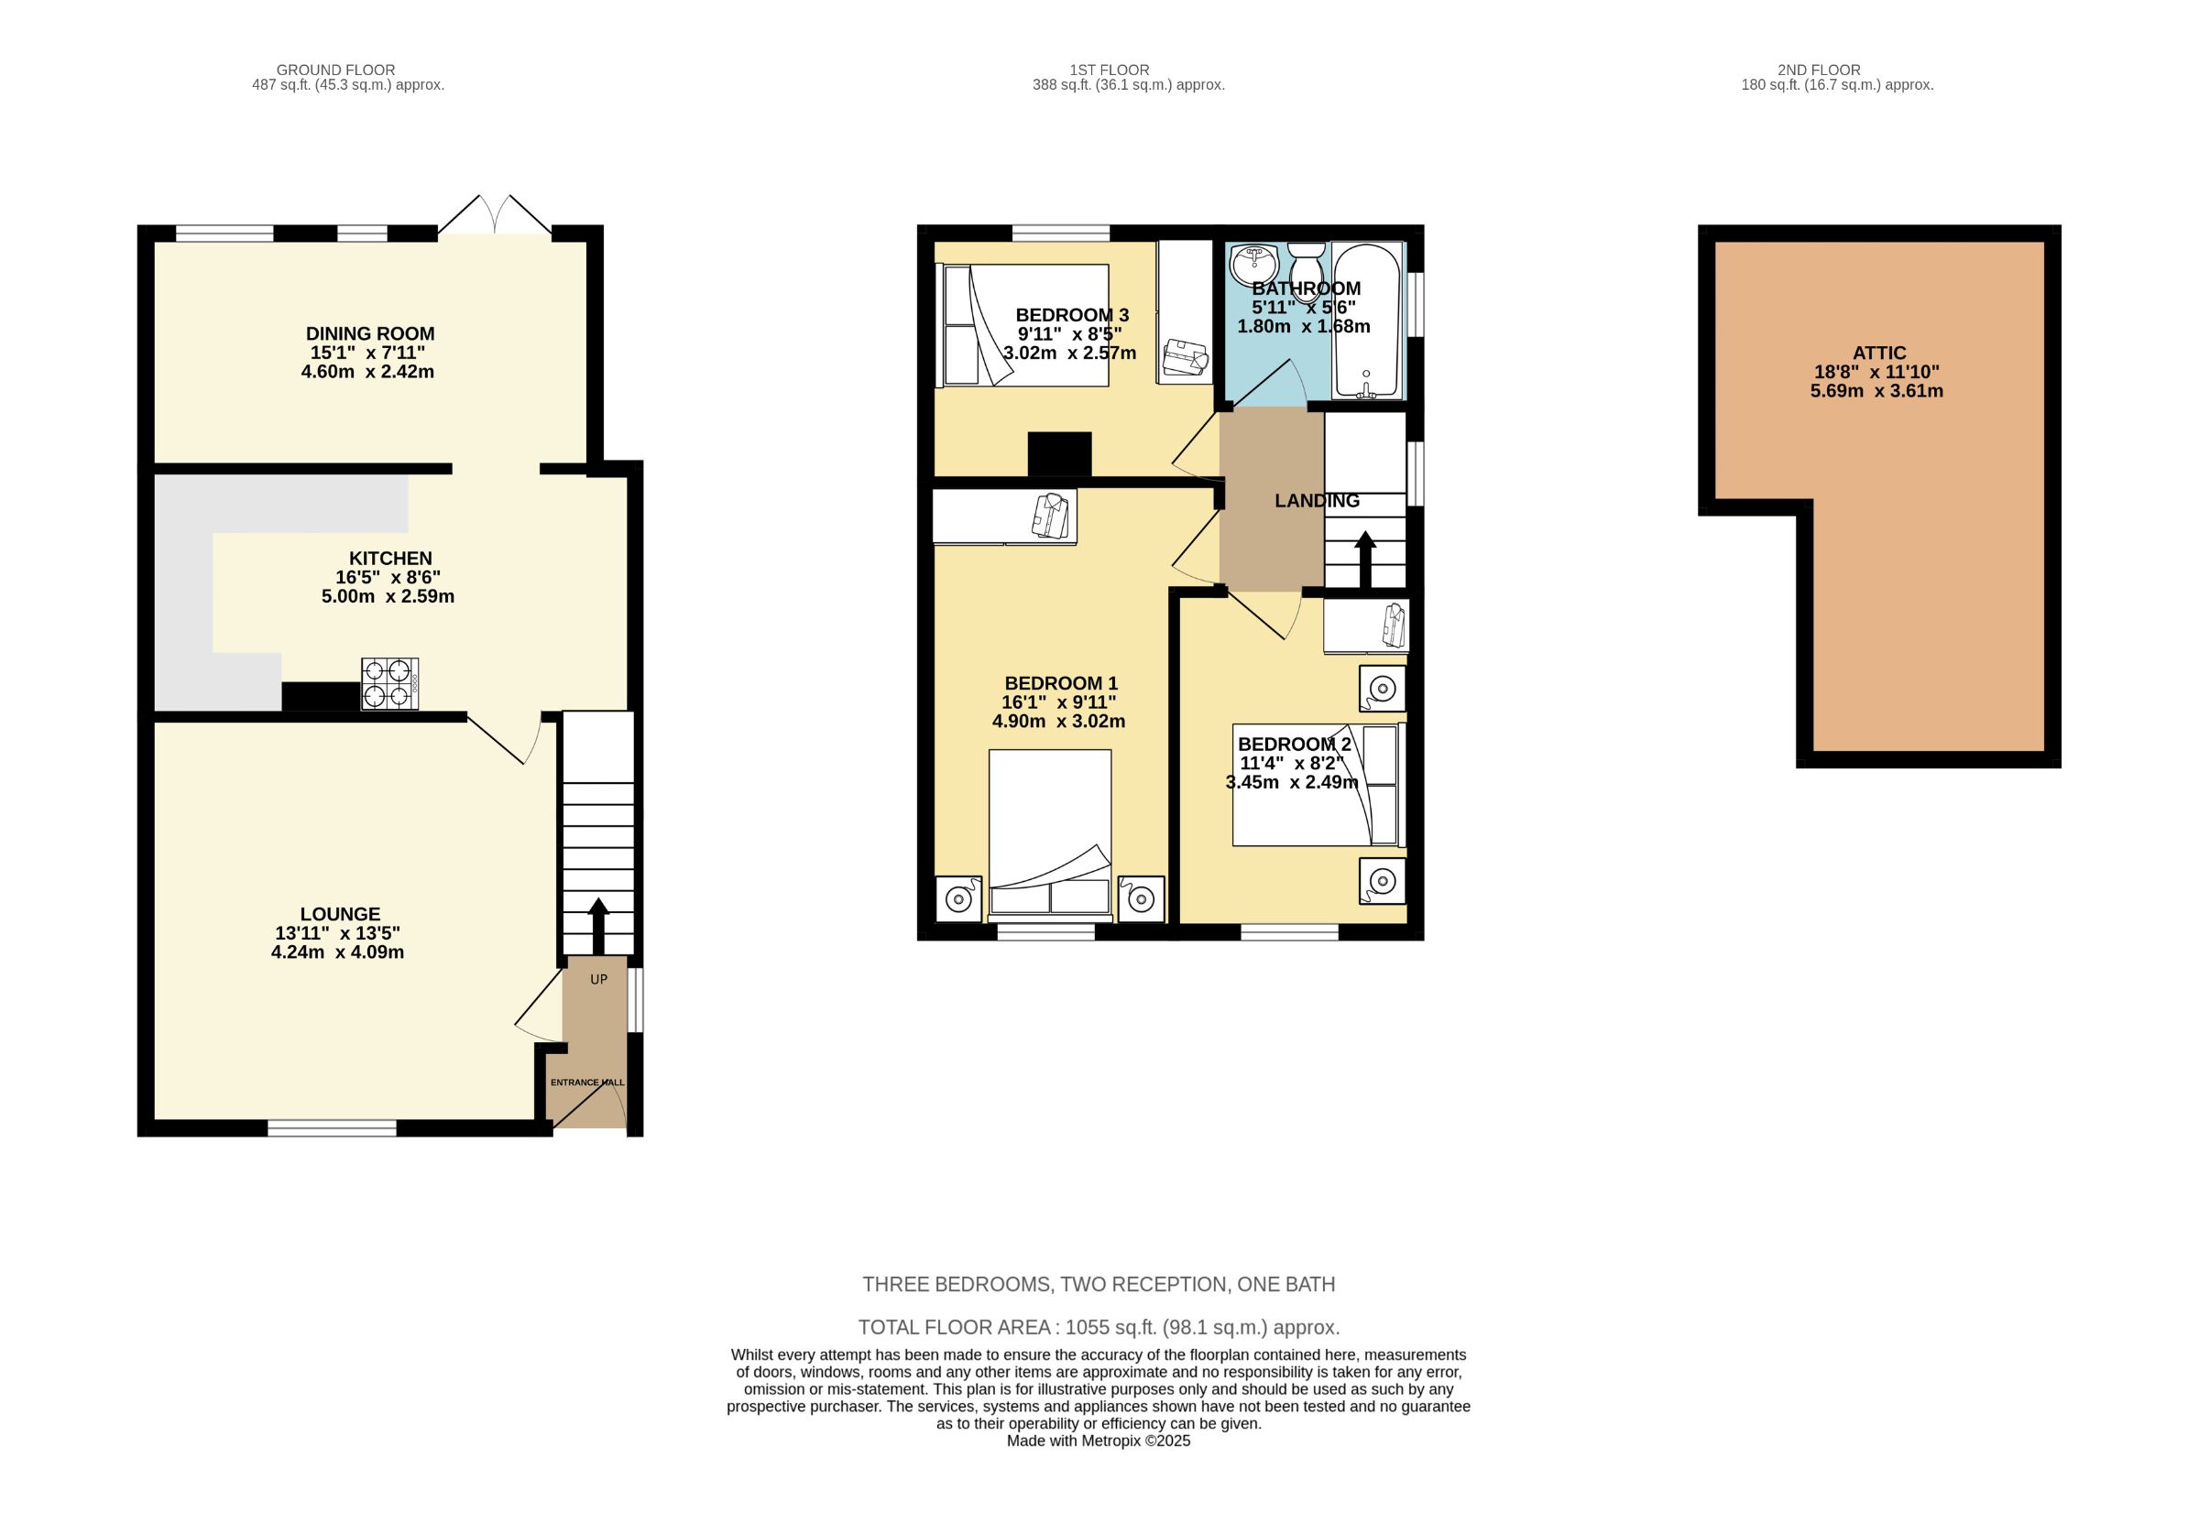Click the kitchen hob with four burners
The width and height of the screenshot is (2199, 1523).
click(x=389, y=683)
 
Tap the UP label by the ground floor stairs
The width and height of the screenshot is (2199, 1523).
click(x=598, y=979)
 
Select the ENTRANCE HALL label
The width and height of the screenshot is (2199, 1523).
click(x=587, y=1082)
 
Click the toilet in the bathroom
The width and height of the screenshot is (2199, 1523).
click(x=1305, y=258)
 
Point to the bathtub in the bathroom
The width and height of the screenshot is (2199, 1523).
click(x=1367, y=320)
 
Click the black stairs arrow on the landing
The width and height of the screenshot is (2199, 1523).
click(x=1365, y=559)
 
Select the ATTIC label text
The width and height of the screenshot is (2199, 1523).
click(x=1879, y=354)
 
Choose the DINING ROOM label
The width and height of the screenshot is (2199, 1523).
click(x=369, y=334)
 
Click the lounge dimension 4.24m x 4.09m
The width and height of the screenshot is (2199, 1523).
click(x=337, y=952)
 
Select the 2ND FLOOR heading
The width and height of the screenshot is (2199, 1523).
click(x=1818, y=70)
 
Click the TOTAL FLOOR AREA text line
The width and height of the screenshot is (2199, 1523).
click(x=1099, y=1327)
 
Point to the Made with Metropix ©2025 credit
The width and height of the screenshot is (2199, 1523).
click(x=1099, y=1441)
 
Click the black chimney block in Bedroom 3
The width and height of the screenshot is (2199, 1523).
click(x=1058, y=453)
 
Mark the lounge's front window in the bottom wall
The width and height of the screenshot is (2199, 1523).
click(x=331, y=1128)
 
